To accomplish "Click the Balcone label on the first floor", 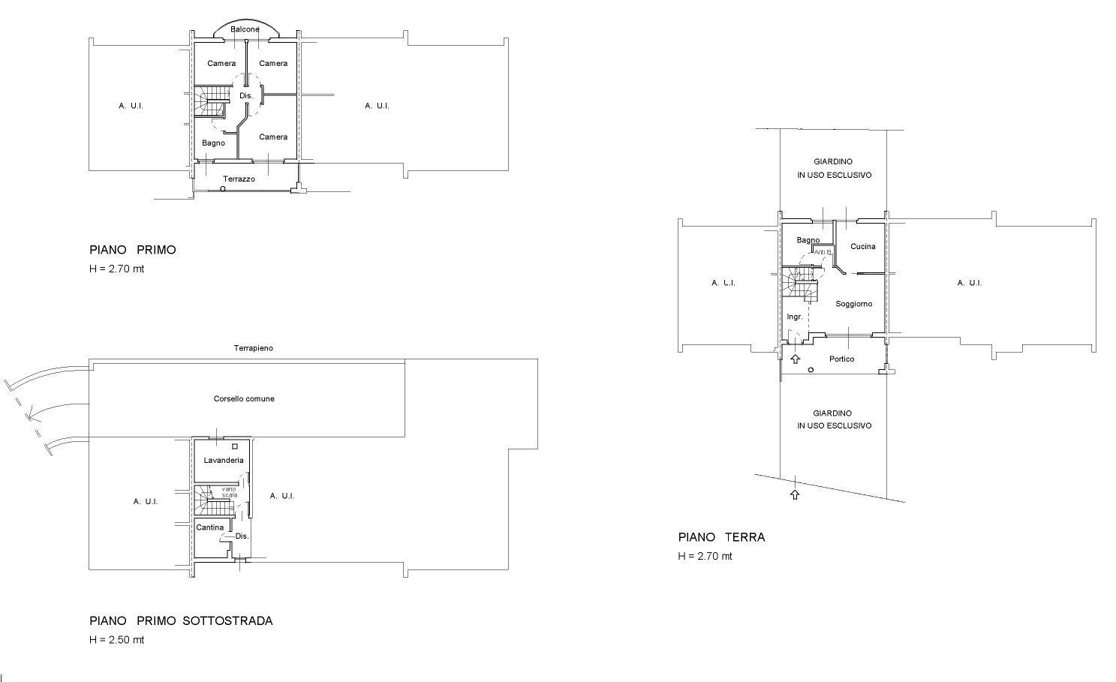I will point(245,29).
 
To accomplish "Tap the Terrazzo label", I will point(239,179).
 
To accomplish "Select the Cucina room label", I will point(862,247).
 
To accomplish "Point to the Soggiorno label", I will point(854,304).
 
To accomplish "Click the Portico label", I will point(841,359).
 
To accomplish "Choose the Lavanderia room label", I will point(224,461).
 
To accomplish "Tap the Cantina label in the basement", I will point(209,527).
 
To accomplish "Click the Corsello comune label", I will point(244,399).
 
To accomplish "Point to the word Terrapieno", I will point(254,349).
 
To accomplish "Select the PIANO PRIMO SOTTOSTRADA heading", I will point(181,621).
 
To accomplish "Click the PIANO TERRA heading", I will point(721,537).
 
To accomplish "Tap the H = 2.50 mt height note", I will point(116,640).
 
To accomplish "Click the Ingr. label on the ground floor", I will point(795,317).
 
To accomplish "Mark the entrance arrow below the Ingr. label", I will point(796,359).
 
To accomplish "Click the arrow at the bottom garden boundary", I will point(795,494).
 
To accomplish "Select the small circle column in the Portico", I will point(811,370).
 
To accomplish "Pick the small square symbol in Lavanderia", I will point(235,446).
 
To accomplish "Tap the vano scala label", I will point(229,492).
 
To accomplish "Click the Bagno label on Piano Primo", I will point(213,143).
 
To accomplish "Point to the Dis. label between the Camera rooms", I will point(246,96).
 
